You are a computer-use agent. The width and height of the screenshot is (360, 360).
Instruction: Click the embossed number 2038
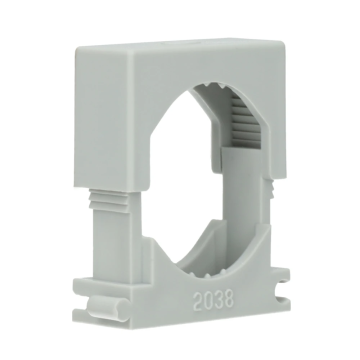tap(214, 300)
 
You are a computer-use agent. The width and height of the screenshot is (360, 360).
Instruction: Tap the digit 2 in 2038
tap(198, 302)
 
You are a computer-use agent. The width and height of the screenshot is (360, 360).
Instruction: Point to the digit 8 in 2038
tap(229, 298)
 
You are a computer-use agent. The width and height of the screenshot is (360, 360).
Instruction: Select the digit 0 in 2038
tap(209, 301)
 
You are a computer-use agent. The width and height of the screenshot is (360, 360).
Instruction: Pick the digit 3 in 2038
tap(219, 299)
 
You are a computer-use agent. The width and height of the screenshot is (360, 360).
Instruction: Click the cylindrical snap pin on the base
tap(107, 309)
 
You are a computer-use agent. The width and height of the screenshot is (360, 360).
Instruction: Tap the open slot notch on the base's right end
tap(283, 290)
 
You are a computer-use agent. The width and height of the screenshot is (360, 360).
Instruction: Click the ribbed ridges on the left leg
tap(109, 200)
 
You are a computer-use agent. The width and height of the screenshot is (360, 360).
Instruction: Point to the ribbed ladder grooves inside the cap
tap(246, 122)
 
